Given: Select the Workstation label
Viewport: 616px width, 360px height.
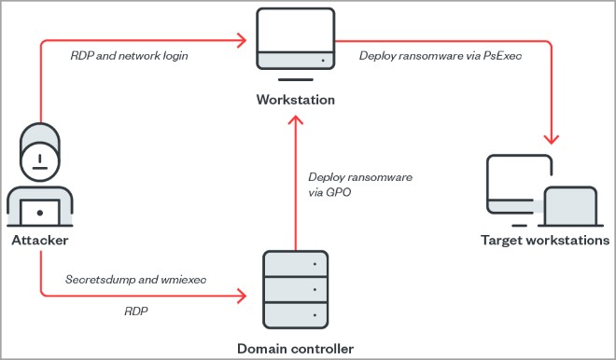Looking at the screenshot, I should tap(295, 100).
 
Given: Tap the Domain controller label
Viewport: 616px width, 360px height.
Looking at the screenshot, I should tap(295, 349).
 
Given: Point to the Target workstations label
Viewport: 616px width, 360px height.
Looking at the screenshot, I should tap(545, 240).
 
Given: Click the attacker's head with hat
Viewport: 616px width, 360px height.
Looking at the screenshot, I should tap(39, 149).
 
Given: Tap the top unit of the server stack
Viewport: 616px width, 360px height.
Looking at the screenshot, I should tap(295, 266).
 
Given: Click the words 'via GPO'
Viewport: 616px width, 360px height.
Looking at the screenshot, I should tap(327, 192).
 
